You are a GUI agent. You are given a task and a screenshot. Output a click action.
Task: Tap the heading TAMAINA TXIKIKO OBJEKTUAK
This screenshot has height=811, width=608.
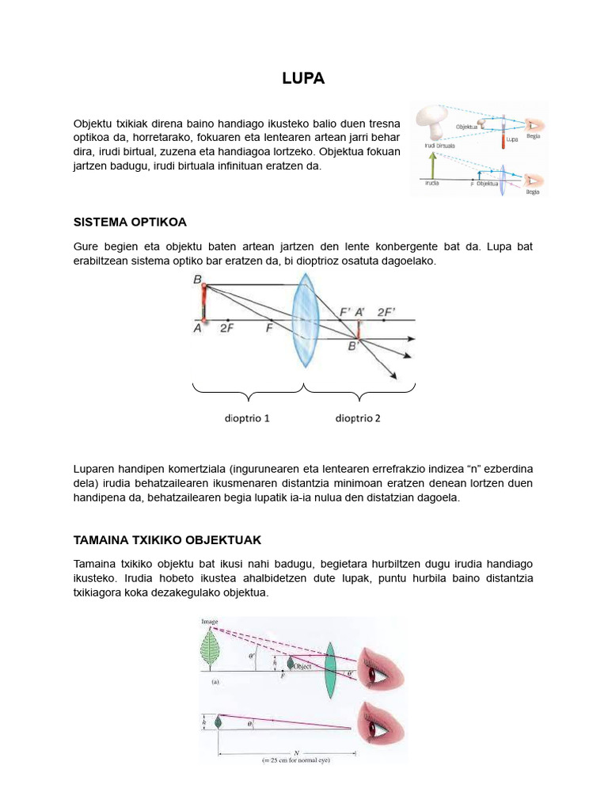pyautogui.click(x=167, y=539)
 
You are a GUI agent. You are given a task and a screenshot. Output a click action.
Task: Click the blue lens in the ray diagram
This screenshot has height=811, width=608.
pyautogui.click(x=305, y=320)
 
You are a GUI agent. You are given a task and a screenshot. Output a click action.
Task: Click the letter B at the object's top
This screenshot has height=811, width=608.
pyautogui.click(x=197, y=280)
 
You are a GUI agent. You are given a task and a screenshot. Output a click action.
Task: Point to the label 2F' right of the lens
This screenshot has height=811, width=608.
pyautogui.click(x=386, y=311)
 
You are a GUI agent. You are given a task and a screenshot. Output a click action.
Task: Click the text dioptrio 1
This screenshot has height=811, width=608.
pyautogui.click(x=246, y=418)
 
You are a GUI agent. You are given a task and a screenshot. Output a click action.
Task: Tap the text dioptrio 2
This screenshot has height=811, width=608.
pyautogui.click(x=358, y=418)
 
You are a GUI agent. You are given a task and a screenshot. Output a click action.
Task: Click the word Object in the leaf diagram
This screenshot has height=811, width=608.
pyautogui.click(x=304, y=667)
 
